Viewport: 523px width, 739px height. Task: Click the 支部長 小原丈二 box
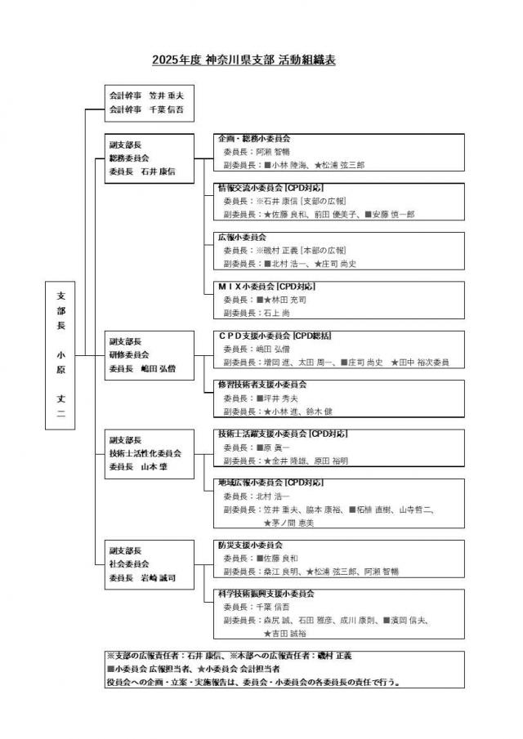[61, 355]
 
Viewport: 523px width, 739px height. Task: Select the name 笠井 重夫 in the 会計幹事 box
[166, 96]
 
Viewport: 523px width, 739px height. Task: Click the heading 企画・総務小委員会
[254, 139]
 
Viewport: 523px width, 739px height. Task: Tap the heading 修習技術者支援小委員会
[261, 384]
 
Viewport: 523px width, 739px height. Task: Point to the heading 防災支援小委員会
[249, 544]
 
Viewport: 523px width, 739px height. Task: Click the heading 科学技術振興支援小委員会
[266, 594]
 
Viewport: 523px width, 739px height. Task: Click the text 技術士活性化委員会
[145, 453]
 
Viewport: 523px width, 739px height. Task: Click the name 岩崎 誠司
[158, 578]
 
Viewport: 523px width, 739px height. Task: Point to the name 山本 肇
[154, 467]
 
